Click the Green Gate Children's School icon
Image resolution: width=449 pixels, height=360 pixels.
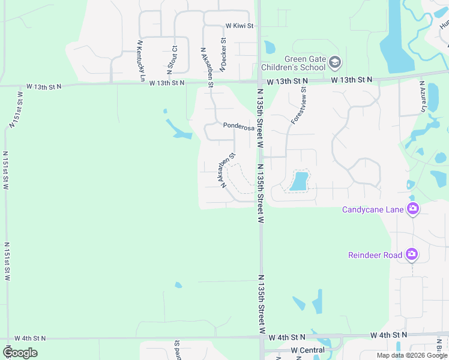coord(335,62)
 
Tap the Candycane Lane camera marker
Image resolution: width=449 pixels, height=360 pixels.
coord(412,209)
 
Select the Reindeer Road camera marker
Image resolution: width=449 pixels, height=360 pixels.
coord(412,255)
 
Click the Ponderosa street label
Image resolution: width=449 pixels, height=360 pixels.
coord(235,126)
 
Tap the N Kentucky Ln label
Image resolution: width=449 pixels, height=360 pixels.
coord(141,61)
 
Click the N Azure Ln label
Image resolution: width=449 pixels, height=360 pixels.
coord(423,97)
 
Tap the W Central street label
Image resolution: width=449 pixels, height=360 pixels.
coord(307,350)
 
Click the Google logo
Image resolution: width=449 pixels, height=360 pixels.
coord(20,353)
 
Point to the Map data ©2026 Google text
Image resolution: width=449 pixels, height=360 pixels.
coord(411,355)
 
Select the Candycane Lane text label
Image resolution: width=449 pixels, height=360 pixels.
coord(373,209)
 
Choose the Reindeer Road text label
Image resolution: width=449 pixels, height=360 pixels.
coord(375,255)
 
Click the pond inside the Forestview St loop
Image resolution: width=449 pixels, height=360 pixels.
coord(299,181)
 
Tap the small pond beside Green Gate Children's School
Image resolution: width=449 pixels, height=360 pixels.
coord(270,47)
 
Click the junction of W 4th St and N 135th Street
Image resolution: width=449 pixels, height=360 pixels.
coord(262,338)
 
